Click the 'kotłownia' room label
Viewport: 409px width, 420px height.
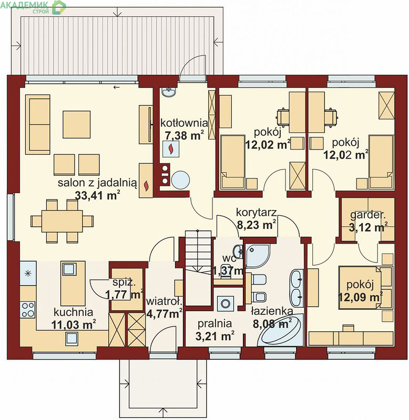(184, 123)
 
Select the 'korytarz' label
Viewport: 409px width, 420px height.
(256, 212)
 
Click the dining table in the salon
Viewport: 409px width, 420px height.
(62, 221)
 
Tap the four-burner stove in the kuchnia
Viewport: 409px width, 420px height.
(28, 309)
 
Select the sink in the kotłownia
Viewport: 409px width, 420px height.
(169, 92)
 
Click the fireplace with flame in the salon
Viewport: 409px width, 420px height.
(146, 181)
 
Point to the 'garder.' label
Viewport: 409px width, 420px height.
(367, 215)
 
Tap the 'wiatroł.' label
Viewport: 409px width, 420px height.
(164, 301)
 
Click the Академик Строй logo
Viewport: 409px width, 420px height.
(33, 7)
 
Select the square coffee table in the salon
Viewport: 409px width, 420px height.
(77, 124)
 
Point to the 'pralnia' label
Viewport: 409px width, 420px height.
(214, 323)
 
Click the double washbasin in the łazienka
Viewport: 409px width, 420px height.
(296, 288)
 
